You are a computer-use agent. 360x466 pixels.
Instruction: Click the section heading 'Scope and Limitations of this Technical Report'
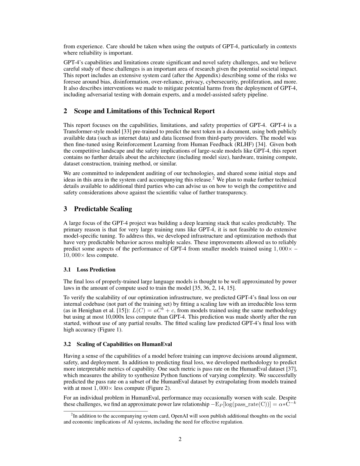point(144,111)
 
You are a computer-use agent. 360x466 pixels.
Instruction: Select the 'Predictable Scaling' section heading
point(103,209)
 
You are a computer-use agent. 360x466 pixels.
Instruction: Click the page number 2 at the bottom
point(180,439)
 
